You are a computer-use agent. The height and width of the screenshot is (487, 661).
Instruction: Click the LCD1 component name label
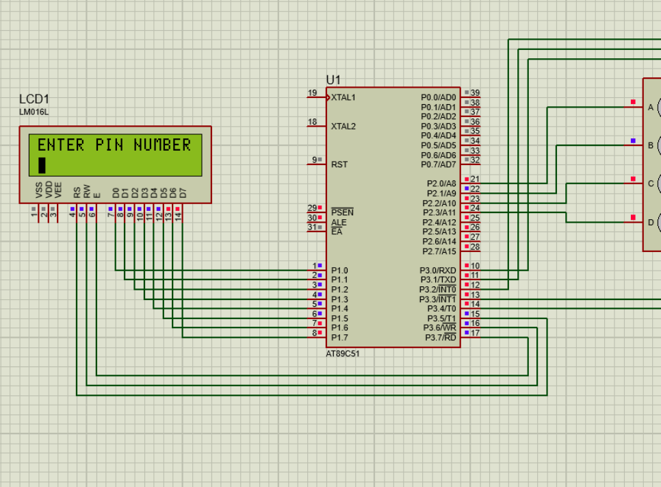click(34, 99)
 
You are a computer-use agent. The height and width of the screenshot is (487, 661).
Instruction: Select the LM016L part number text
click(34, 112)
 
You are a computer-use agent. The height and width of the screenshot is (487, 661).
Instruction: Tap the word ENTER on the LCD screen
click(61, 145)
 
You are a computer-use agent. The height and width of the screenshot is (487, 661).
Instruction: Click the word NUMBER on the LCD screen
click(162, 145)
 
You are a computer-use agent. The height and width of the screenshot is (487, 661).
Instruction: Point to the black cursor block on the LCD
click(42, 165)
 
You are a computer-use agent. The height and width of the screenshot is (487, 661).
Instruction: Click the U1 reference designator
click(333, 80)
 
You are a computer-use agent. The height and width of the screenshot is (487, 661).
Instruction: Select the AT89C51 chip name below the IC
click(342, 354)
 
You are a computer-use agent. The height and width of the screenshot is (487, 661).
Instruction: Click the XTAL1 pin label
click(344, 97)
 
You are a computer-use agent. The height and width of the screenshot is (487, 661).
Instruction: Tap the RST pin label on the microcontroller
click(339, 164)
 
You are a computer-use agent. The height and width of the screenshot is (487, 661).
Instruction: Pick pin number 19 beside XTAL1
click(312, 93)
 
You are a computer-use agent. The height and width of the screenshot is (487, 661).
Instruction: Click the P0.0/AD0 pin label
click(438, 97)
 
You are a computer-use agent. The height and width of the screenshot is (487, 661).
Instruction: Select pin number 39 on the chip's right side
click(475, 93)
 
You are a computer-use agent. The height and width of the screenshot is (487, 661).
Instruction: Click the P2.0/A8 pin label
click(441, 184)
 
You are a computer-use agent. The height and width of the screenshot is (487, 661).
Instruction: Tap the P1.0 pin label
click(339, 271)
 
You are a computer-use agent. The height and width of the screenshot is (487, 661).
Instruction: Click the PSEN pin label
click(342, 213)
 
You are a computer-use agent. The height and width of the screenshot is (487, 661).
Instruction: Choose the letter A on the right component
click(651, 107)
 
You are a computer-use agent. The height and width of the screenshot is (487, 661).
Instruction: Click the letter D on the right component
click(651, 223)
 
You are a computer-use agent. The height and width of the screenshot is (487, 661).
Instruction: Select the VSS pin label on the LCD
click(39, 190)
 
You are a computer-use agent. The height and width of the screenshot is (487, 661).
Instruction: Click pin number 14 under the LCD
click(178, 216)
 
